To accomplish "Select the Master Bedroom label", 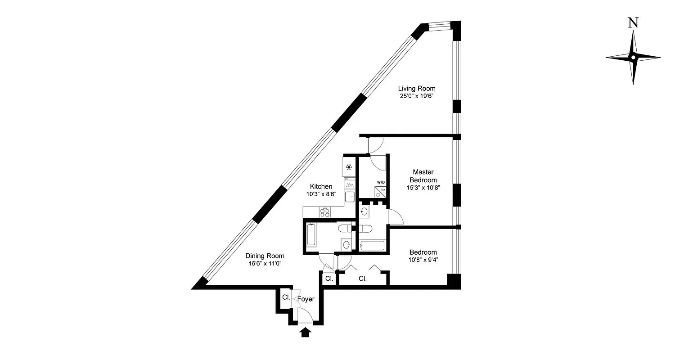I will click(423, 175).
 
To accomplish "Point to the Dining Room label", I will click(265, 256).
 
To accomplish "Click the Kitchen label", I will click(321, 186).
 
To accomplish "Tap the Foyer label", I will click(306, 299).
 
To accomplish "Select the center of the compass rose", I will click(633, 58).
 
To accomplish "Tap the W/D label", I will click(381, 182).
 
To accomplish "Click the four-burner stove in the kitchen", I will click(324, 211).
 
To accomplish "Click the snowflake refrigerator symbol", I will click(349, 167).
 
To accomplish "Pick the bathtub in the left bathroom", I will click(311, 235).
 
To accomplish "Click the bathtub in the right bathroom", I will click(373, 246).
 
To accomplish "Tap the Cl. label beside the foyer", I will click(286, 297).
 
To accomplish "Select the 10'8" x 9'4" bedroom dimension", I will click(423, 260).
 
